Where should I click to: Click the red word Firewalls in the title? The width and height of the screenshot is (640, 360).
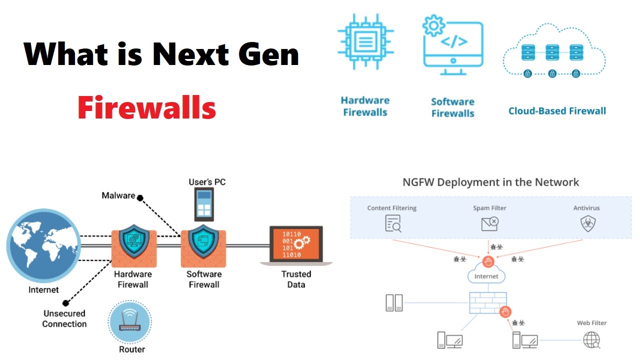coord(146,108)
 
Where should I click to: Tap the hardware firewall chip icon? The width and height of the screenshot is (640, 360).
coord(365,41)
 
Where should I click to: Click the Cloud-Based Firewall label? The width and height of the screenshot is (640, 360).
coord(557,111)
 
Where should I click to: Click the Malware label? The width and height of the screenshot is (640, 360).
coord(118,195)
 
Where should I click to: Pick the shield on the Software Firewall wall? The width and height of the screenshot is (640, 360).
coord(203,241)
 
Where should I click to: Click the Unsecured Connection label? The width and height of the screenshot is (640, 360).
coord(64,318)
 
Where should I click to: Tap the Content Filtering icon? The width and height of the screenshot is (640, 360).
coord(393,223)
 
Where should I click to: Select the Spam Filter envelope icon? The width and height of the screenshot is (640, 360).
coord(489,223)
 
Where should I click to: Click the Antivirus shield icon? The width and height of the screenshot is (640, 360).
coord(586,223)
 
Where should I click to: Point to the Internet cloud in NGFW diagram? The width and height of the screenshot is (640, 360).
coord(486,275)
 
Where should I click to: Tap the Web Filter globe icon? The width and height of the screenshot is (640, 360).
coord(591,340)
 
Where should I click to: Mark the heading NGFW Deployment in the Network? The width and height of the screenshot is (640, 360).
coord(490,182)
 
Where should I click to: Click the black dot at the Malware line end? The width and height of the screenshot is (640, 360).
coord(140,197)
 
